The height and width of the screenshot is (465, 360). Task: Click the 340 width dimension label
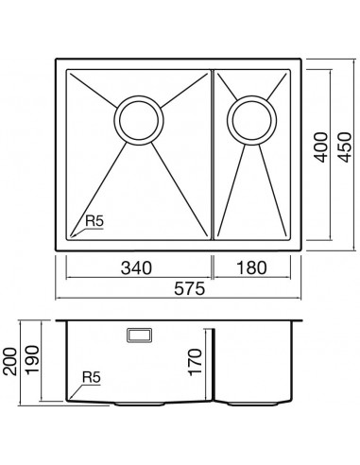pyautogui.click(x=136, y=268)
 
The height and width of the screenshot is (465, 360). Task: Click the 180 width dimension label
pyautogui.click(x=251, y=268)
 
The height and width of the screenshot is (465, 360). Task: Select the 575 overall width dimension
pyautogui.click(x=190, y=288)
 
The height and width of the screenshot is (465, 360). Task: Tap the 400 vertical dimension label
pyautogui.click(x=321, y=147)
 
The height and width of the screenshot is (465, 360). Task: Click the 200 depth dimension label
pyautogui.click(x=9, y=361)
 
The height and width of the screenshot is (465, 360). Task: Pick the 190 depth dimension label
pyautogui.click(x=32, y=360)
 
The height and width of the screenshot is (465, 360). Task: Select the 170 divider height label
pyautogui.click(x=195, y=362)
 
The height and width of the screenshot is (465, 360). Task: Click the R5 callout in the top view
pyautogui.click(x=94, y=221)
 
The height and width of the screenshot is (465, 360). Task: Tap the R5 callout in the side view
pyautogui.click(x=92, y=377)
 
